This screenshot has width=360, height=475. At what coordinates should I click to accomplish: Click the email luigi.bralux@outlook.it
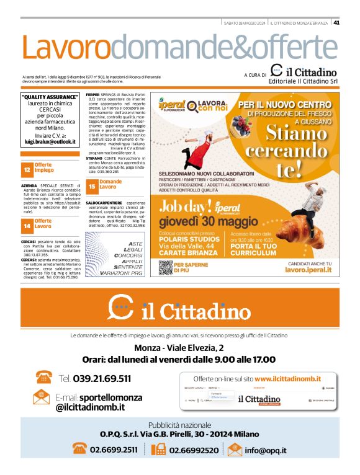click(50, 142)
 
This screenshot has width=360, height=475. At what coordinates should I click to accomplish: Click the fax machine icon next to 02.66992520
click(158, 449)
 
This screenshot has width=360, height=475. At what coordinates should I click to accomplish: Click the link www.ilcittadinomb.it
click(287, 378)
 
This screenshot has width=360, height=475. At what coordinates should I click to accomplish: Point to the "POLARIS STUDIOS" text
click(187, 239)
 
